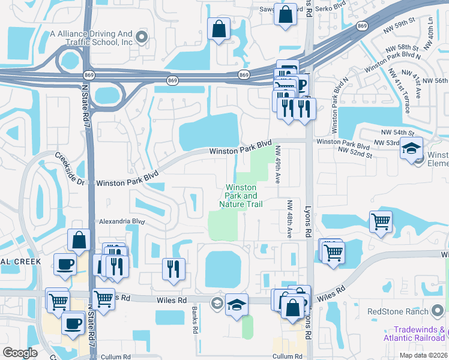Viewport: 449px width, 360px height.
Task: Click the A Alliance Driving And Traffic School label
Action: click(91, 38)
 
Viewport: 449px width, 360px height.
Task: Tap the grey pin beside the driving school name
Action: click(142, 38)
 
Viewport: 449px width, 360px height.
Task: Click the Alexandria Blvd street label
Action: click(122, 221)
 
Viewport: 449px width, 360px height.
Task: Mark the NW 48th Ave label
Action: click(289, 219)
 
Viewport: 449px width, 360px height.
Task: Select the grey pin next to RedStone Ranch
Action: click(438, 311)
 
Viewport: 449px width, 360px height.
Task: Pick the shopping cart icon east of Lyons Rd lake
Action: click(381, 221)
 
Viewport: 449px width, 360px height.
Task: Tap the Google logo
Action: click(20, 353)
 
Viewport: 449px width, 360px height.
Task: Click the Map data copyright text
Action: click(424, 355)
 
